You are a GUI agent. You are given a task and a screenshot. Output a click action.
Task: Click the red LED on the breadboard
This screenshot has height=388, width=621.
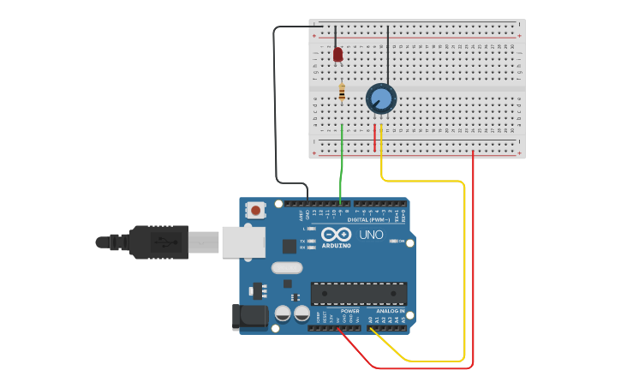[337, 55]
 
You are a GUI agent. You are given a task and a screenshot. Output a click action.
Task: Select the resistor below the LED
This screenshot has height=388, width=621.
[342, 92]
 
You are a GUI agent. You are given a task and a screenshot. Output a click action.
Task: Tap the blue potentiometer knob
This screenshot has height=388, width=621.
[381, 99]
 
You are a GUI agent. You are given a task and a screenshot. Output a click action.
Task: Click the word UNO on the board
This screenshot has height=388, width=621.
[371, 235]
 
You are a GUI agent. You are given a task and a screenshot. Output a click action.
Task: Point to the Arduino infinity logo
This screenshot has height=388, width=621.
[337, 234]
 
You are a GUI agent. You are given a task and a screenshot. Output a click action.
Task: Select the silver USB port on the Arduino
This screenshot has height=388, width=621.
[242, 242]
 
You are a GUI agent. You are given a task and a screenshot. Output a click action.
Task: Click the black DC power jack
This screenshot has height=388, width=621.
[250, 316]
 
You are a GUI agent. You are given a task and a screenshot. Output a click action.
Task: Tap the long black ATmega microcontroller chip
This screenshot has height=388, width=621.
[359, 294]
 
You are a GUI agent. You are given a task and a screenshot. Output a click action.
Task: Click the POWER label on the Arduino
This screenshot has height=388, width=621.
[349, 311]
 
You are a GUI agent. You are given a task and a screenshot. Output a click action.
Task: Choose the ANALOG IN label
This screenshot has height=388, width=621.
[390, 311]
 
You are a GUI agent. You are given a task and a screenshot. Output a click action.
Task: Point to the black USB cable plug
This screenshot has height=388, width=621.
[158, 242]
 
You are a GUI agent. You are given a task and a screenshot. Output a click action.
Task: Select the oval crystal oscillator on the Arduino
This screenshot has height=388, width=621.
[288, 267]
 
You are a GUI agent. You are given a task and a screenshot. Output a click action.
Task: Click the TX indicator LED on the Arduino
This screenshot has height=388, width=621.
[312, 241]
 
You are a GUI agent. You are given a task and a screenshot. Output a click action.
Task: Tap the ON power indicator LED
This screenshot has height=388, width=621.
[393, 242]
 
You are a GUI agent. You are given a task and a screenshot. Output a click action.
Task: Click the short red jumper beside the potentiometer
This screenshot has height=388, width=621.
[374, 137]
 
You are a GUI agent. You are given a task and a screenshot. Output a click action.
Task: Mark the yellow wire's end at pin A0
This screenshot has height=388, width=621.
[371, 328]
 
